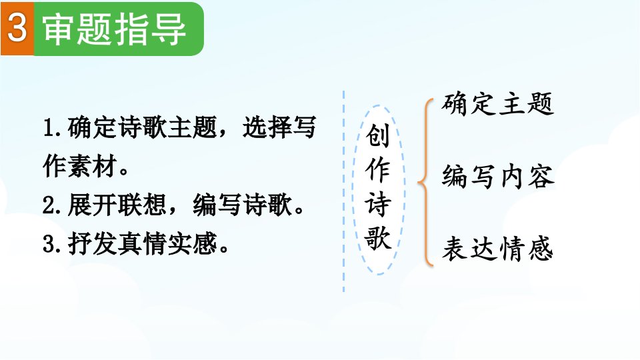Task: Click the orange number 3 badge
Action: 17,29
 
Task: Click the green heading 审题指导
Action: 114,29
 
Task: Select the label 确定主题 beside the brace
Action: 497,104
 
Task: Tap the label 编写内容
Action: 498,177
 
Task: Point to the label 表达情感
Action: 498,248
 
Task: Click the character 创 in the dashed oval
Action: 377,135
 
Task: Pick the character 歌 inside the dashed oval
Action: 378,237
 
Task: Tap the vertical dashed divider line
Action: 344,191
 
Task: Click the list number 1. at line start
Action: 52,128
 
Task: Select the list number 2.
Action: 52,205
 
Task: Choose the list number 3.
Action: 52,244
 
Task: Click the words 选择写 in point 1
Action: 279,127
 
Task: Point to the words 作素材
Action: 80,166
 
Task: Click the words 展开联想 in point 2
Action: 117,205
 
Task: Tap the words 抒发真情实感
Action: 142,244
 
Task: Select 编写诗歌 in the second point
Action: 243,205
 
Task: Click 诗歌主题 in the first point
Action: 167,127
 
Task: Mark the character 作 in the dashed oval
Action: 377,170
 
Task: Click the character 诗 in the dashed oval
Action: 377,204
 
